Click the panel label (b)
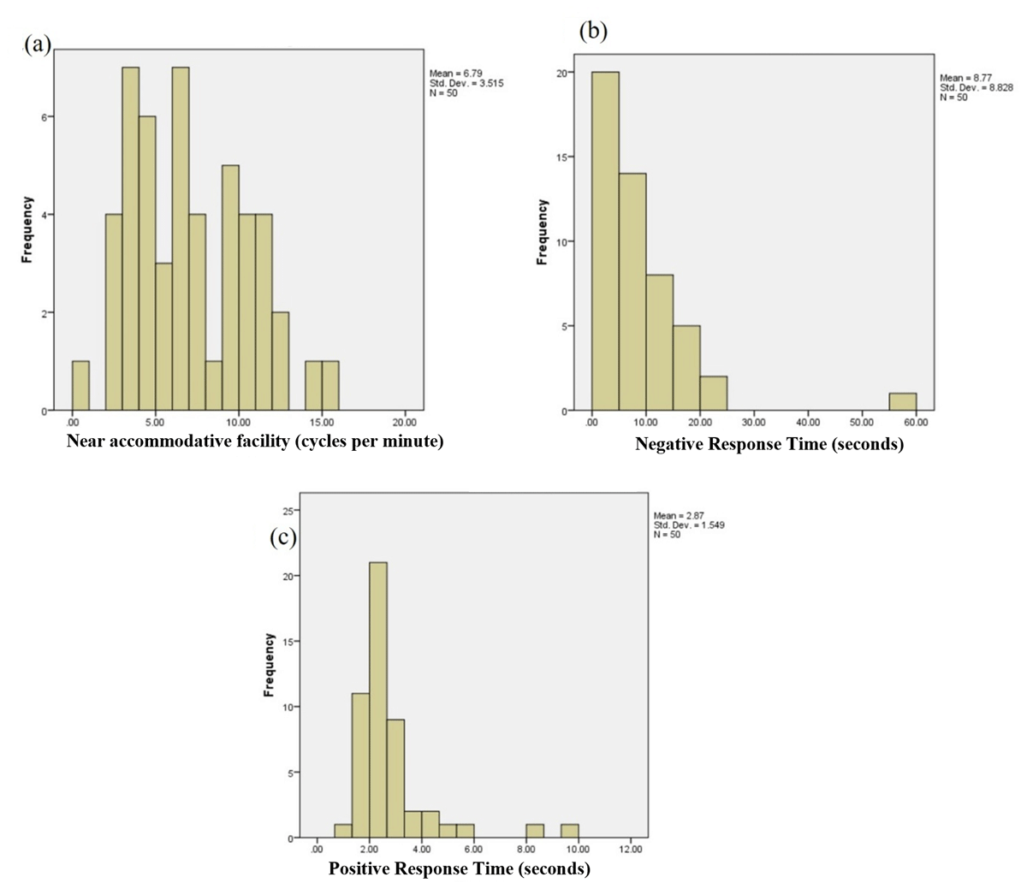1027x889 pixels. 592,32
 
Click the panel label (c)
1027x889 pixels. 282,537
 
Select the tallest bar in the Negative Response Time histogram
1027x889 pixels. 605,240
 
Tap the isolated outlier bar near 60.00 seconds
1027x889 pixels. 902,402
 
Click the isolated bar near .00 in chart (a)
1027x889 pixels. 80,386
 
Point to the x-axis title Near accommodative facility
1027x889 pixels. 255,442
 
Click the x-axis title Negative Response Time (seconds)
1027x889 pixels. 769,444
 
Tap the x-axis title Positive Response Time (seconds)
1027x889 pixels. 459,869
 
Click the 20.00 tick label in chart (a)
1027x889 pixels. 405,423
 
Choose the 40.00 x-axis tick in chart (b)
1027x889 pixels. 808,423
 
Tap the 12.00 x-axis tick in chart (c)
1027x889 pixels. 630,849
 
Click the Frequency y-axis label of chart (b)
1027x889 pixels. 542,231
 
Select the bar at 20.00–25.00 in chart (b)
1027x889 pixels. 713,394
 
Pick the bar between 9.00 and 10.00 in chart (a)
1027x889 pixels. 230,287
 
